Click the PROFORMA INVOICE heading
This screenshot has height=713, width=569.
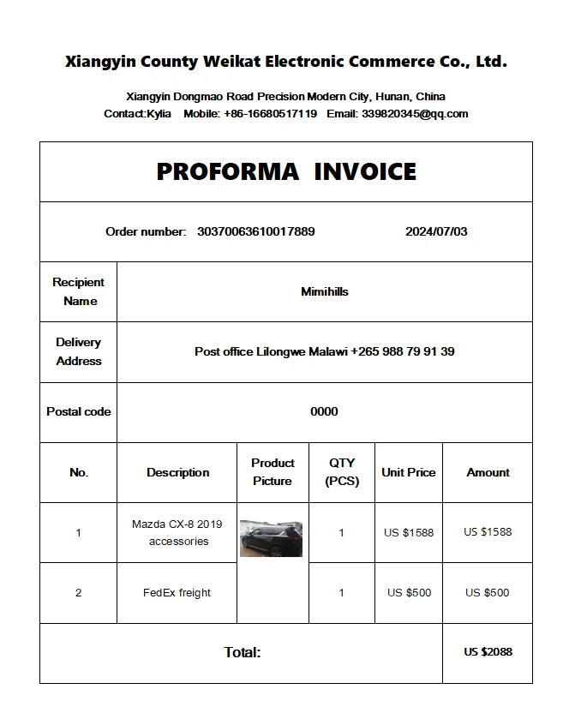286,171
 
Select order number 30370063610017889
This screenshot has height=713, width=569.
255,231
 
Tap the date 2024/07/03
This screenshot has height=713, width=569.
436,231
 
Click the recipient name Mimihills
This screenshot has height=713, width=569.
324,291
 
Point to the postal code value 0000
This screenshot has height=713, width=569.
324,411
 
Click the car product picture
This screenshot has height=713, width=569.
271,537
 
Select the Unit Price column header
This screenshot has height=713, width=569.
408,472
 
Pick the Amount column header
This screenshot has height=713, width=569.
488,472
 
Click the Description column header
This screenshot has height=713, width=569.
177,472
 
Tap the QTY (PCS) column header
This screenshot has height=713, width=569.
341,472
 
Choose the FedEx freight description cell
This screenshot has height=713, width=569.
177,592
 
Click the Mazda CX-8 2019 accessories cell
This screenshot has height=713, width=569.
177,532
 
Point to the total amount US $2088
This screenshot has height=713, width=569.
488,652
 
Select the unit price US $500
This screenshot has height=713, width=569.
408,592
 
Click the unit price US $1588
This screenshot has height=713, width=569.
408,532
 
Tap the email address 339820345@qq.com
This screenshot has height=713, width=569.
415,113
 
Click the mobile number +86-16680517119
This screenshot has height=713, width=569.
270,113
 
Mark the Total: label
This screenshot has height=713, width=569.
243,652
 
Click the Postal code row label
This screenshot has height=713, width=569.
78,411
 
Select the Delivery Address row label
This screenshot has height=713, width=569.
78,351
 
